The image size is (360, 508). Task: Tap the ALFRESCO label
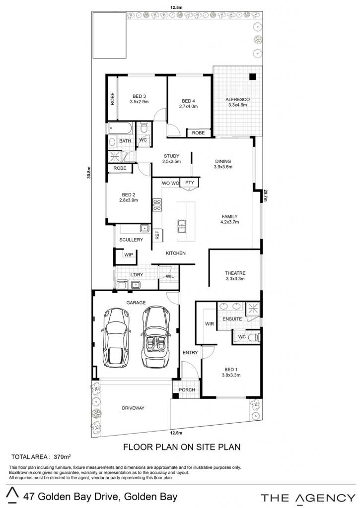point(238,99)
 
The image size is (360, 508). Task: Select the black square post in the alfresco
point(253,77)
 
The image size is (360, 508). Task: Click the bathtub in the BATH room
point(120,128)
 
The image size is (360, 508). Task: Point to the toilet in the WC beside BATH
point(144,127)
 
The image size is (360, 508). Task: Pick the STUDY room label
point(172,156)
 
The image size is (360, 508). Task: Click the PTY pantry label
point(189,183)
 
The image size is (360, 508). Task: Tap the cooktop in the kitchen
point(157,205)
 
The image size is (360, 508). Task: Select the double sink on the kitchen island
point(182,226)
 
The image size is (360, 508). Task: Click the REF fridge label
point(157,235)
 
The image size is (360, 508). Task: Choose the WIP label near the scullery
point(129,254)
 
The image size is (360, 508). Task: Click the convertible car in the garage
point(156,337)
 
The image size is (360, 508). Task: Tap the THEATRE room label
point(235,273)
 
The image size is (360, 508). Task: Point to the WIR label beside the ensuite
point(210,324)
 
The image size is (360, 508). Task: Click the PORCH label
point(187,390)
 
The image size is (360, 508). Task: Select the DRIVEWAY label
point(133,408)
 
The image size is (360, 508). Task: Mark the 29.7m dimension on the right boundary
point(265,195)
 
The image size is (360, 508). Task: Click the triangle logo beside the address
point(13,495)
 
